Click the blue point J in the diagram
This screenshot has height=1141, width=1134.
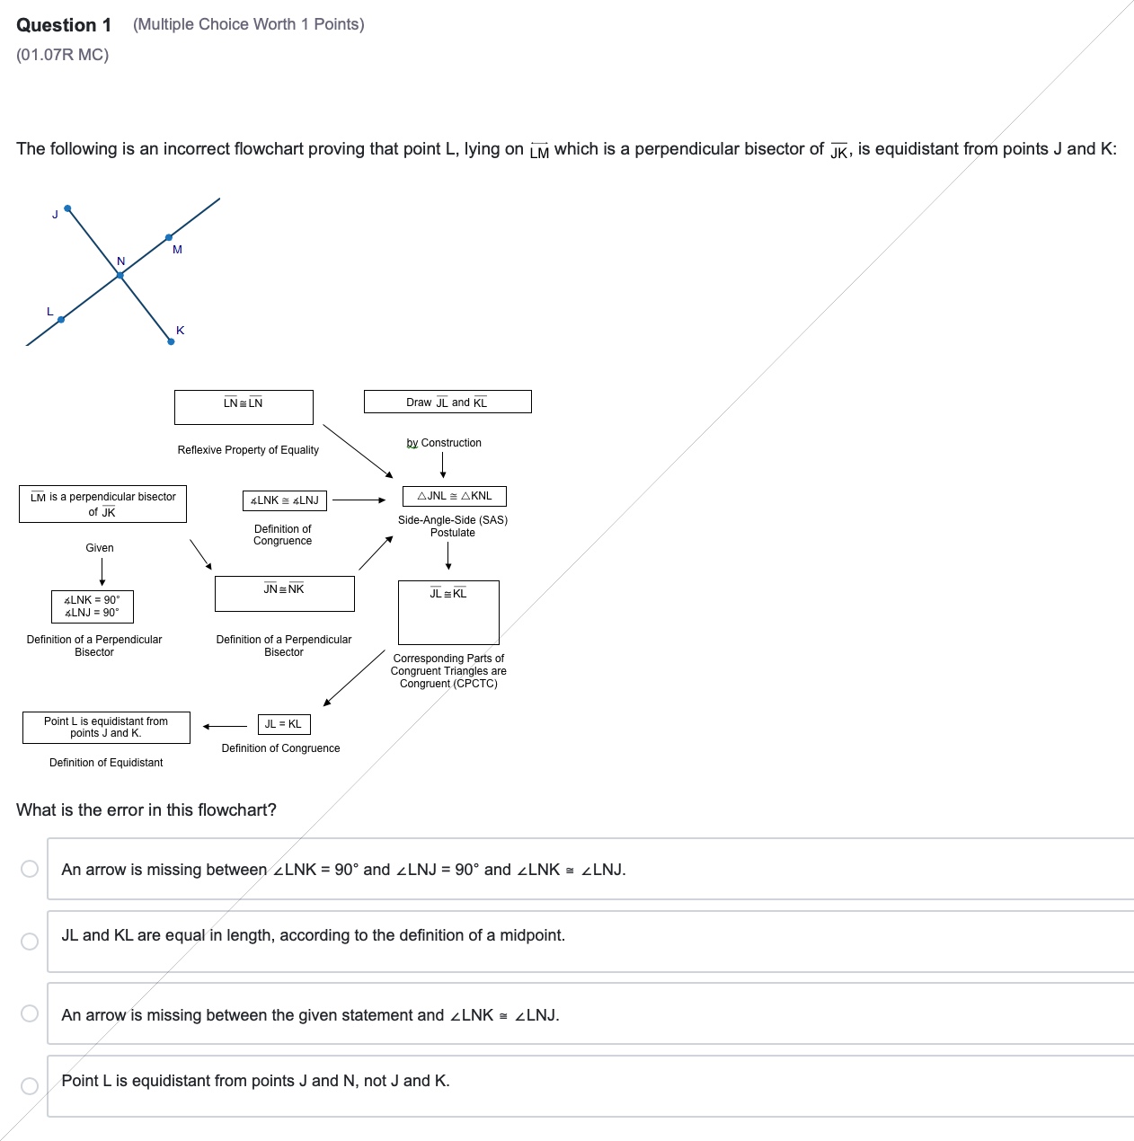click(x=68, y=208)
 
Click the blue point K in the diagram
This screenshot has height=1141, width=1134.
click(x=171, y=341)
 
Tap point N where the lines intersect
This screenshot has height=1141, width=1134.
click(x=120, y=276)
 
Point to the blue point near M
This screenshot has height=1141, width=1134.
click(x=169, y=237)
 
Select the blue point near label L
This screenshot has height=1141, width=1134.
click(x=61, y=319)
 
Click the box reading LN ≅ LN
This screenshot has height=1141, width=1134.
click(x=244, y=407)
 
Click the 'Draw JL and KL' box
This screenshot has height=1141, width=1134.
click(x=447, y=402)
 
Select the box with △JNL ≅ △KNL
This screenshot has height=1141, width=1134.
click(x=455, y=496)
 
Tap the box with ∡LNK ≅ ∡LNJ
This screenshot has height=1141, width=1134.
click(x=285, y=500)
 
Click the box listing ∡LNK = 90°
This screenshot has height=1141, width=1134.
click(x=92, y=606)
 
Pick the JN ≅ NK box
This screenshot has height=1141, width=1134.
click(x=284, y=594)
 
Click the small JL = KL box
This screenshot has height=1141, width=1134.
click(x=283, y=724)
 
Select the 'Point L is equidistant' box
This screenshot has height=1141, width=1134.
click(x=106, y=727)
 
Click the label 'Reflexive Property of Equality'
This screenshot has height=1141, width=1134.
click(x=248, y=450)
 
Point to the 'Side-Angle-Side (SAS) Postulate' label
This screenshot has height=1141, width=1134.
click(x=453, y=526)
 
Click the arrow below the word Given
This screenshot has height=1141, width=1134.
click(x=102, y=571)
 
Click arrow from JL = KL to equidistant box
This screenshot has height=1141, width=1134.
click(x=225, y=726)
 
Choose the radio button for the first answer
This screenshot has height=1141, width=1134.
click(x=30, y=868)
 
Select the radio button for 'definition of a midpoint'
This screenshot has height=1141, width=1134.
click(x=30, y=941)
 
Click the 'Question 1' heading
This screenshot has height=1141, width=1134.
click(x=64, y=25)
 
